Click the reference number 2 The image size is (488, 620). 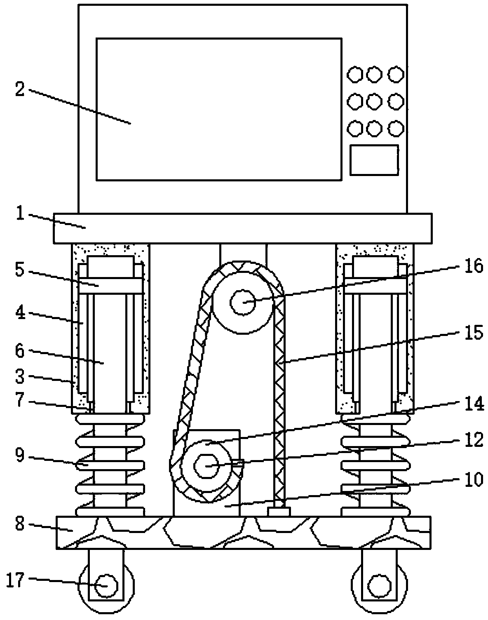point(20,89)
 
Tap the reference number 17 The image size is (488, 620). point(15,581)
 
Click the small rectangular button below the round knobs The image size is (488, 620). point(374,160)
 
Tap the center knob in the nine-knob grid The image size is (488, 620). point(374,101)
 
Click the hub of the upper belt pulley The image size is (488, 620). point(243,302)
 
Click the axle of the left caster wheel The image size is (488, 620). point(106,586)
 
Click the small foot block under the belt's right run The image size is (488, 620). point(279,511)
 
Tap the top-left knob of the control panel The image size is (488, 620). point(355,75)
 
